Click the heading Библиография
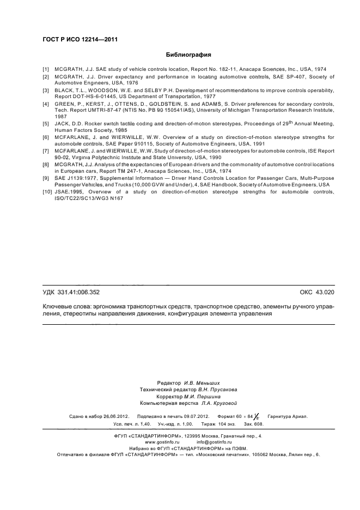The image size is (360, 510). [188, 54]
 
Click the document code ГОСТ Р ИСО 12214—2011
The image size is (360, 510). [80, 39]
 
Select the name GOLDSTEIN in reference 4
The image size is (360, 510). [171, 104]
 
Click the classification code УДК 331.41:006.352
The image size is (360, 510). [71, 292]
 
